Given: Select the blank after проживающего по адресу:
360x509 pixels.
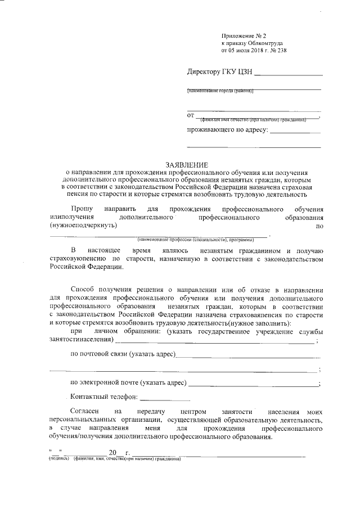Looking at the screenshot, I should click(x=295, y=131).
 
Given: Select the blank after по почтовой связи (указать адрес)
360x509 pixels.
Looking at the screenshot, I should click(x=247, y=355).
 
